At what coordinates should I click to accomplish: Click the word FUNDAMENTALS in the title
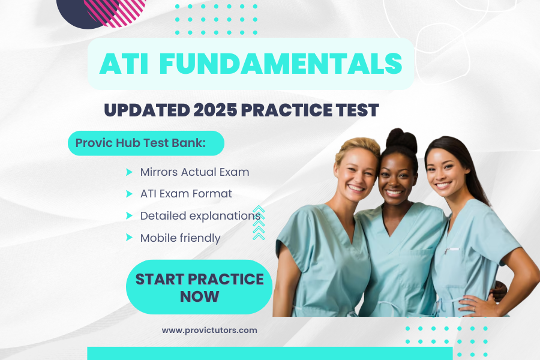point(281,64)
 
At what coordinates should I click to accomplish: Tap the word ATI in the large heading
point(124,64)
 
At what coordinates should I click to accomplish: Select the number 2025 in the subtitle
point(215,110)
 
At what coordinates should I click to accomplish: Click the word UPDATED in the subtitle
point(147,110)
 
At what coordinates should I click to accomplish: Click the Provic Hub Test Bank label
point(140,143)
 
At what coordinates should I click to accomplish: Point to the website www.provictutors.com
point(209,331)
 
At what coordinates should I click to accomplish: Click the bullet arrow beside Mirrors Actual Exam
point(129,172)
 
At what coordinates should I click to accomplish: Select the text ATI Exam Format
point(186,194)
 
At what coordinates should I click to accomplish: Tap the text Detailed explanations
point(200,216)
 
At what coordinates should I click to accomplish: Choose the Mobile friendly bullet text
point(180,238)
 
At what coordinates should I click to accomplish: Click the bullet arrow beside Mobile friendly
point(129,238)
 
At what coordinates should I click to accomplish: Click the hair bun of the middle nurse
point(401,140)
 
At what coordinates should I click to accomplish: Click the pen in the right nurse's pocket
point(451,250)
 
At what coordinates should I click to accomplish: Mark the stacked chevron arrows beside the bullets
point(259,223)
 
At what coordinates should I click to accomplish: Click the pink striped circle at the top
point(116,11)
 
